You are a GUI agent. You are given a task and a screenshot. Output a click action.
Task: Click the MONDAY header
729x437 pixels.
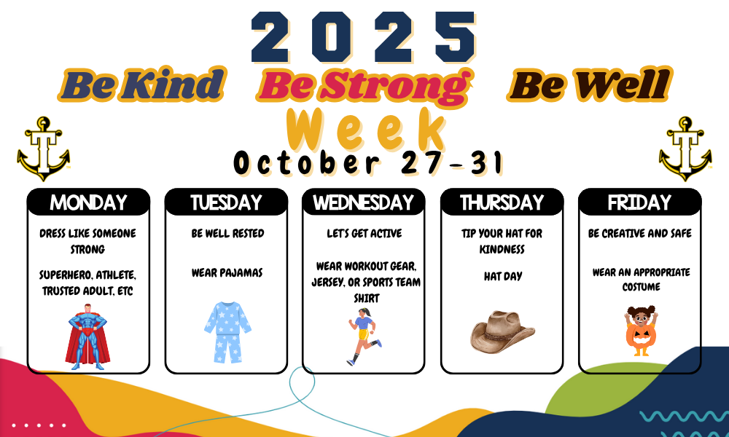[x=88, y=202]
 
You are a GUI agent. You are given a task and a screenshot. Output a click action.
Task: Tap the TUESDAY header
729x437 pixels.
[x=226, y=202]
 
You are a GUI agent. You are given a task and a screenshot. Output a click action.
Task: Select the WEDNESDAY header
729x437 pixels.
[x=364, y=202]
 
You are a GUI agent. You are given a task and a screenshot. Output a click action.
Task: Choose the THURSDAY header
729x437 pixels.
[x=502, y=202]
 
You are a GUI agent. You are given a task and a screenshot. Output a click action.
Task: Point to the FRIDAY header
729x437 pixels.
[x=640, y=202]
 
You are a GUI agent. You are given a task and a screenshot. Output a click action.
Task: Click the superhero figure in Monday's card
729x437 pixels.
[x=87, y=336]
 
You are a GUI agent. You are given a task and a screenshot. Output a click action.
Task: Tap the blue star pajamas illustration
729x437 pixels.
[x=227, y=332]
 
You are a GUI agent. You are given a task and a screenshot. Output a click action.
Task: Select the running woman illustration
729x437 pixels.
[x=364, y=336]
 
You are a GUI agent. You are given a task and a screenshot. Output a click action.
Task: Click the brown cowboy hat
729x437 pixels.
[x=502, y=331]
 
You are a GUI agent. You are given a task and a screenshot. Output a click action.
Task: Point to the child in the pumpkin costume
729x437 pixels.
[x=641, y=331]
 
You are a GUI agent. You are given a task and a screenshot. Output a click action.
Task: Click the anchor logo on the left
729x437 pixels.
[x=43, y=149]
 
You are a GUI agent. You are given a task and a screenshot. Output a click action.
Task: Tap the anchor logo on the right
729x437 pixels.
[x=685, y=149]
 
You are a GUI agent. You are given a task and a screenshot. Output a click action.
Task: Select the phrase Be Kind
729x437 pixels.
[x=142, y=84]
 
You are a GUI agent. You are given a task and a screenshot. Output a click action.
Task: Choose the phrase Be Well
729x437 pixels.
[x=590, y=84]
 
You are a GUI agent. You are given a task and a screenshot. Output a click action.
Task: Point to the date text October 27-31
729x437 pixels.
[x=368, y=162]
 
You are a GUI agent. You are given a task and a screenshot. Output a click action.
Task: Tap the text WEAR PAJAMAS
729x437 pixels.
[x=227, y=273]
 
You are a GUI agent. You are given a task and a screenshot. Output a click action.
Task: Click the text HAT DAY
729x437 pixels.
[x=502, y=276]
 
